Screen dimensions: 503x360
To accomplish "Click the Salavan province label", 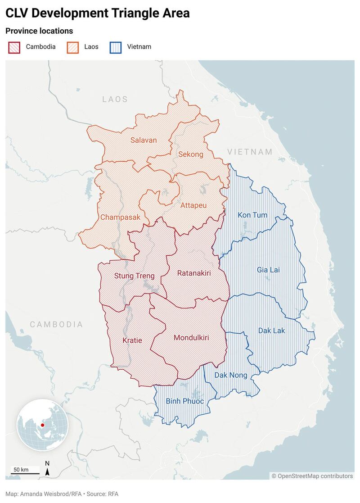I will pos(144,140).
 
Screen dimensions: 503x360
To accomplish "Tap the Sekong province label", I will pos(191,154).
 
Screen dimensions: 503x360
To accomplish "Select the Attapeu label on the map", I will pos(193,206).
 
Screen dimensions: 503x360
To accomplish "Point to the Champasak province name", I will pos(120,217).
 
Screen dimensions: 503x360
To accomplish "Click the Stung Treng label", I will pos(134,276).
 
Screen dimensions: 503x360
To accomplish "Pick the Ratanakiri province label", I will pos(194,273).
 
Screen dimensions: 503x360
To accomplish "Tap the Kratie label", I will pos(132,340).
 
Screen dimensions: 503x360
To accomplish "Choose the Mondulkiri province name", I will pos(191,337).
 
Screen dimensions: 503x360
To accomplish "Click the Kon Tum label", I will pos(252,215).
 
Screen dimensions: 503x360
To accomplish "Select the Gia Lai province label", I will pos(268,270).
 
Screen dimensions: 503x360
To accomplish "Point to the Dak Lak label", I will pos(272,331).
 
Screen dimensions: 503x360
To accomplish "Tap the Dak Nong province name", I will pos(230,375).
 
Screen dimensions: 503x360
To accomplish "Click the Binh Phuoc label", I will pos(185,401).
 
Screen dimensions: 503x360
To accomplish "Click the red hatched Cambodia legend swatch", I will pos(14,47).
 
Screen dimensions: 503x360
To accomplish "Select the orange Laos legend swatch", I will pos(72,47).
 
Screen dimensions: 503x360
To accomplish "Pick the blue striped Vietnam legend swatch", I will pos(116,47).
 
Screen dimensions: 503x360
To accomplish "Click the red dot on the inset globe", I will pos(42,425).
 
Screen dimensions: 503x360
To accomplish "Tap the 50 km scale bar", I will pos(25,473).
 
